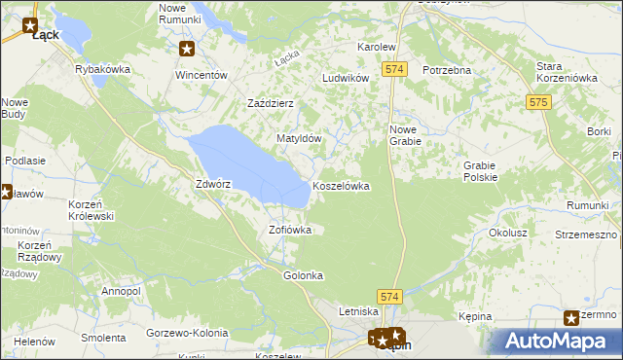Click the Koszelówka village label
[341, 186]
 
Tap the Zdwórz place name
[212, 183]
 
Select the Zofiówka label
[289, 231]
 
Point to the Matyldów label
[299, 139]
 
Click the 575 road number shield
[538, 101]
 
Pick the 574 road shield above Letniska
[390, 294]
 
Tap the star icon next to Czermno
[572, 317]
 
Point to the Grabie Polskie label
[481, 171]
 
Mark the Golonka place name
[303, 275]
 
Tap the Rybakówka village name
[102, 70]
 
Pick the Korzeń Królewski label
[92, 210]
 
